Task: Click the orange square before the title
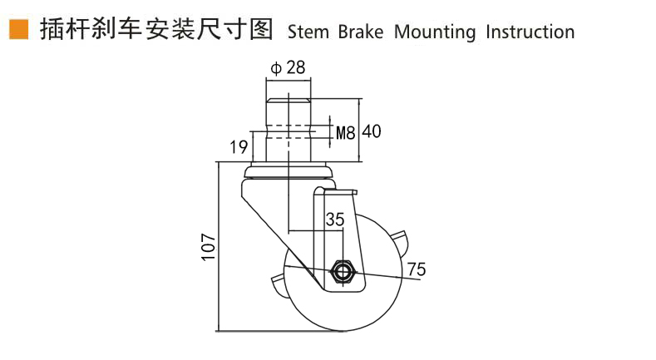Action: (17, 30)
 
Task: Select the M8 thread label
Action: (346, 131)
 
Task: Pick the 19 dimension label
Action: (239, 148)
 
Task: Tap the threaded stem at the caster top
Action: (289, 129)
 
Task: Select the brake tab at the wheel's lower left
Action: (276, 287)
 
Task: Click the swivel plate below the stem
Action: (289, 173)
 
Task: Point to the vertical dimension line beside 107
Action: (219, 246)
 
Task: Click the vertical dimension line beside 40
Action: (359, 130)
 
